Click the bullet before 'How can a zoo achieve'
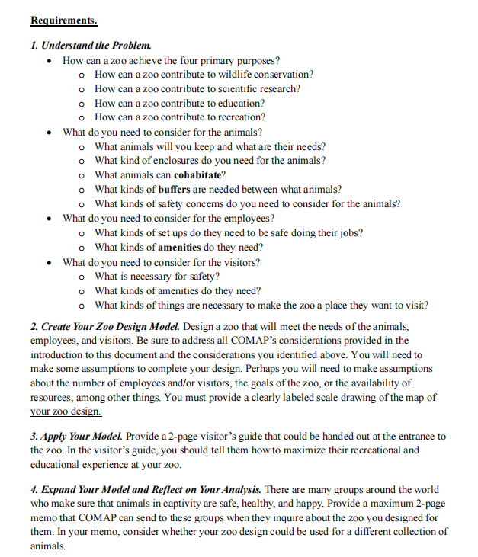(50, 60)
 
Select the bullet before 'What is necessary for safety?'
(82, 277)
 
